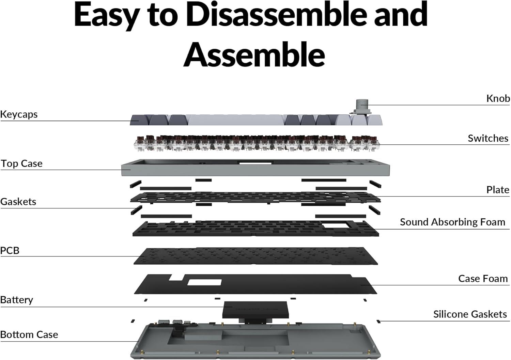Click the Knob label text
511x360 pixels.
pyautogui.click(x=498, y=98)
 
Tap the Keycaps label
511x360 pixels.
pyautogui.click(x=19, y=114)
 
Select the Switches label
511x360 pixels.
pyautogui.click(x=488, y=138)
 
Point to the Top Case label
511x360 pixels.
pyautogui.click(x=22, y=163)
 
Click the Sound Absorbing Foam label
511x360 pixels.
pyautogui.click(x=453, y=222)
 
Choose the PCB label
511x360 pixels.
pyautogui.click(x=10, y=250)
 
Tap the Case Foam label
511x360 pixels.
pyautogui.click(x=483, y=279)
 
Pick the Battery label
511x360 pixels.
pyautogui.click(x=17, y=300)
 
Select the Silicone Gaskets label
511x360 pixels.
pyautogui.click(x=470, y=314)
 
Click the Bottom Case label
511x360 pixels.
pyautogui.click(x=29, y=335)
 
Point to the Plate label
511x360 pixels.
pyautogui.click(x=497, y=190)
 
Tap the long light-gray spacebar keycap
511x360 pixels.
pyautogui.click(x=235, y=120)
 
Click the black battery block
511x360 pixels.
pyautogui.click(x=255, y=310)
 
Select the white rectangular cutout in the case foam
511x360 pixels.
pyautogui.click(x=204, y=282)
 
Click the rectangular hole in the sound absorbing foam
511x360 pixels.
pyautogui.click(x=336, y=225)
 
